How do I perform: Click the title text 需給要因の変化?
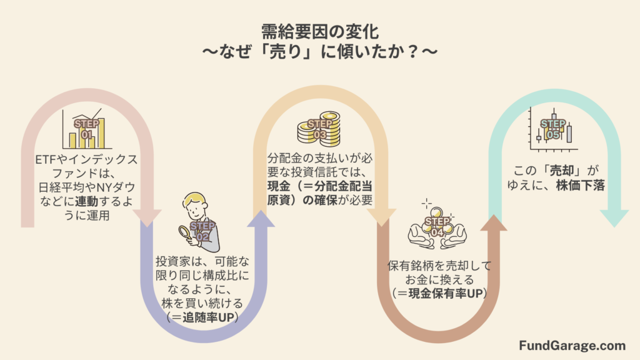(319, 29)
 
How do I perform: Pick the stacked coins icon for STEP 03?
(319, 128)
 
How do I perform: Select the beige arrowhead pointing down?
(379, 216)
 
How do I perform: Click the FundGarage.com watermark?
(572, 345)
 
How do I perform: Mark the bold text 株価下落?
(579, 185)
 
